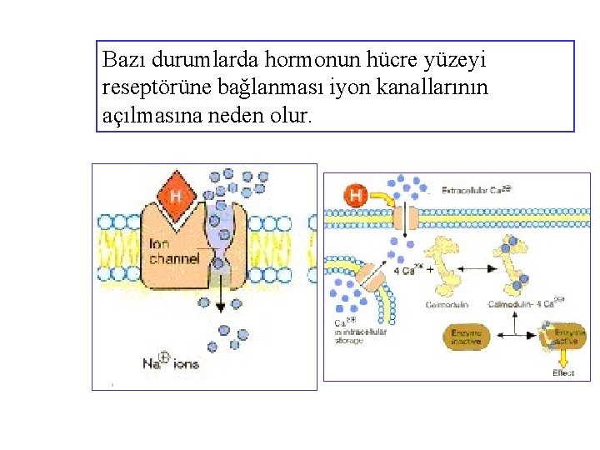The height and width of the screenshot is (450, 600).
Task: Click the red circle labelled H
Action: click(x=356, y=197)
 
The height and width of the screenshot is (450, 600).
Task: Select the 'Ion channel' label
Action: click(x=173, y=252)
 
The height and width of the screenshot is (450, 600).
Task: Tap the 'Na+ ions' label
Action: click(x=170, y=362)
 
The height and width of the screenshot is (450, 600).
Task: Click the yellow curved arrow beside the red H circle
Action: click(x=387, y=198)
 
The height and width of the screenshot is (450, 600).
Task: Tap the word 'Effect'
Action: click(x=564, y=372)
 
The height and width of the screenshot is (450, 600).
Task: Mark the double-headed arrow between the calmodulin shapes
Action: click(x=469, y=268)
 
